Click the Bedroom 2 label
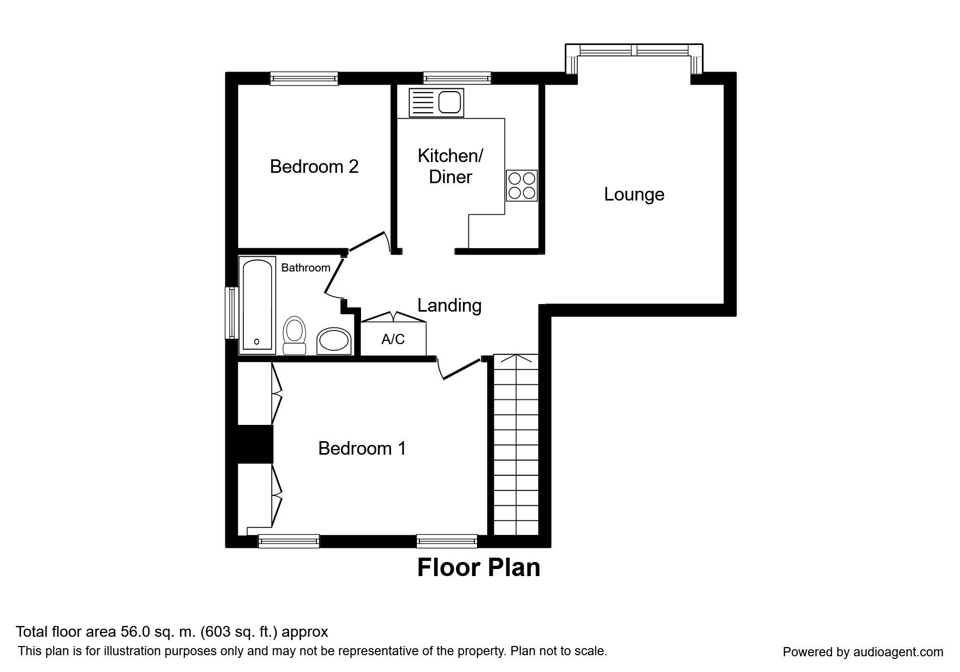tap(314, 166)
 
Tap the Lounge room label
tap(634, 194)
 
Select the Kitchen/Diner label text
tap(450, 166)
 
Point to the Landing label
tap(449, 306)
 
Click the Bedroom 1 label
tap(362, 448)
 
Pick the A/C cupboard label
tap(393, 339)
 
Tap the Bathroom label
tap(306, 268)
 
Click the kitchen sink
tap(437, 102)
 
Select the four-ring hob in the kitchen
tap(522, 185)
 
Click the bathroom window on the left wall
tap(232, 313)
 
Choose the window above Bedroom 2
tap(304, 79)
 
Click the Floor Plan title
tap(479, 567)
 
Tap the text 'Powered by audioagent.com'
tap(862, 652)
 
